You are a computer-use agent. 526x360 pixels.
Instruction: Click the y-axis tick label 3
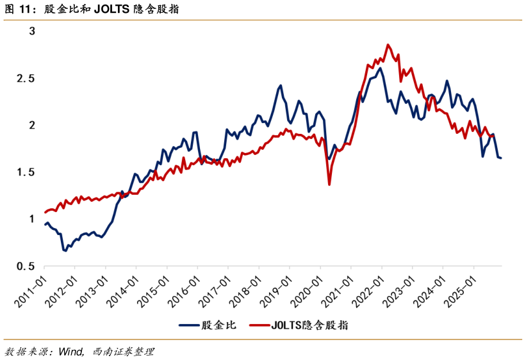33,31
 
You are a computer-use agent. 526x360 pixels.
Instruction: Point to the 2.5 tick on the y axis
29,78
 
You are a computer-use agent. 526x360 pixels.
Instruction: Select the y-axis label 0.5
29,266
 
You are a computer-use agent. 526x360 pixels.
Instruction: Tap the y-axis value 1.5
29,172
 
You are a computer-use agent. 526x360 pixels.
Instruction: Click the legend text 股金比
219,325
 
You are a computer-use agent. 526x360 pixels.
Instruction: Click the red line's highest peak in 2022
388,45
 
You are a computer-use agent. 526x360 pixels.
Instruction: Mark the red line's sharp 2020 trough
329,184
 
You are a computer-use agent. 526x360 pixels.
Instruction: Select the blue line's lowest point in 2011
65,250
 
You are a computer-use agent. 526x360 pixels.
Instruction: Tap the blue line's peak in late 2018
280,85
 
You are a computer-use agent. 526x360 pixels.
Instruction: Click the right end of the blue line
501,158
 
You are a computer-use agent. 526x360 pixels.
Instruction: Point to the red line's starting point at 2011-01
45,212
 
